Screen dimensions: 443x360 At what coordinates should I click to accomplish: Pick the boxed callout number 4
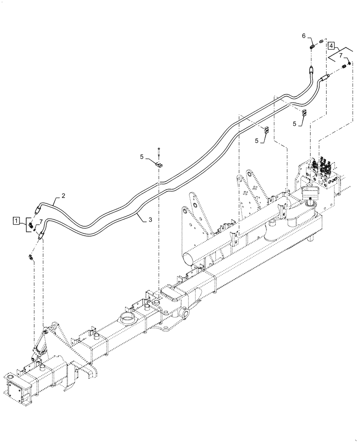click(331, 45)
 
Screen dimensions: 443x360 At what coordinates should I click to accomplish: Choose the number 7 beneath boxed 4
click(340, 56)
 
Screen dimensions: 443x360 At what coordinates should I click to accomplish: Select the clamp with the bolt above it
click(158, 165)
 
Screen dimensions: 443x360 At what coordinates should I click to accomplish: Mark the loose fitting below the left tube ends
click(31, 257)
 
